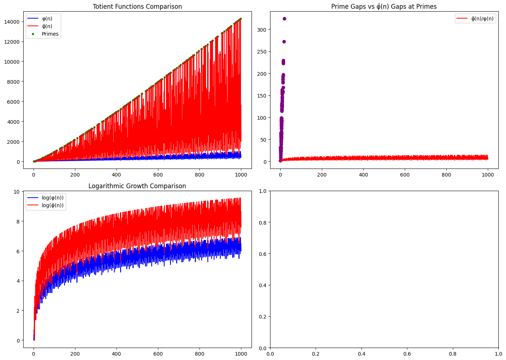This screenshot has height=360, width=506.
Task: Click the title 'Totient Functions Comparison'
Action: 137,7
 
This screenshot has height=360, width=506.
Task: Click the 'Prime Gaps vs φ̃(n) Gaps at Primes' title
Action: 384,7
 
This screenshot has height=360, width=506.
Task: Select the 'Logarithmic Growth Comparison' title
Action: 137,186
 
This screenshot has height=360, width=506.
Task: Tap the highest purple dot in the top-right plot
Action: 284,19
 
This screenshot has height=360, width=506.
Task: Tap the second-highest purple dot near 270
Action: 284,41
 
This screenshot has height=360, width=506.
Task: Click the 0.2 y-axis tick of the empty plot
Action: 262,317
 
